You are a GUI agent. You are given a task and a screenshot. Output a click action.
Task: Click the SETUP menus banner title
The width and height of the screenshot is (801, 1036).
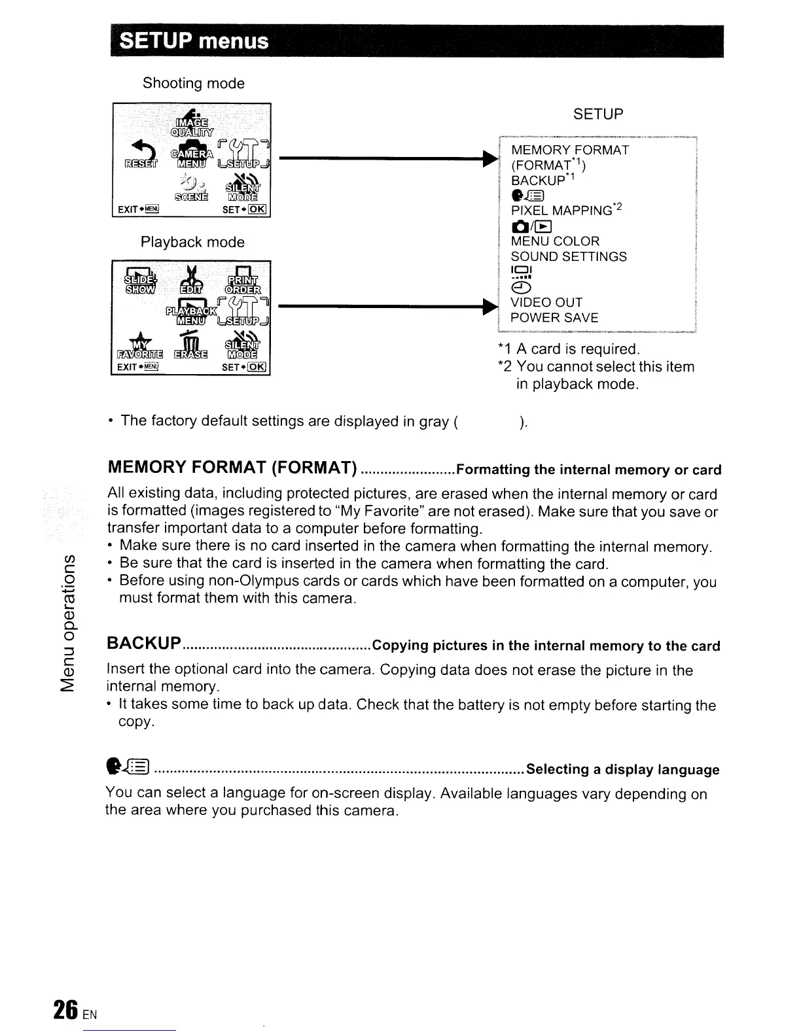pyautogui.click(x=194, y=41)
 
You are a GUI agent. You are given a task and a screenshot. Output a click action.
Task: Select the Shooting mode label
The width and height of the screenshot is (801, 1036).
pyautogui.click(x=194, y=84)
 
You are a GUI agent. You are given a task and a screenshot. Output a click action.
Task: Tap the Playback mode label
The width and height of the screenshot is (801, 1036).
pyautogui.click(x=192, y=242)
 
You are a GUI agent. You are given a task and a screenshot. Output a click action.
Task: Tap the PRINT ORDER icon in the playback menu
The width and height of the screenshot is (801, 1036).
pyautogui.click(x=243, y=279)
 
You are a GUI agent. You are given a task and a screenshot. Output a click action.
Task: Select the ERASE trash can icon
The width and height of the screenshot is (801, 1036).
pyautogui.click(x=190, y=347)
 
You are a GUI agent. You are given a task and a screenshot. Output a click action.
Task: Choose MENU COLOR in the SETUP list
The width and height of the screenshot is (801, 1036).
pyautogui.click(x=555, y=241)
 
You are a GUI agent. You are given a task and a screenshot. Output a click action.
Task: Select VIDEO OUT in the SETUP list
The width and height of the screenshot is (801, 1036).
pyautogui.click(x=546, y=302)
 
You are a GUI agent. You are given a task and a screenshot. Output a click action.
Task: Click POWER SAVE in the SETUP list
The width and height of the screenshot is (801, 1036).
pyautogui.click(x=554, y=318)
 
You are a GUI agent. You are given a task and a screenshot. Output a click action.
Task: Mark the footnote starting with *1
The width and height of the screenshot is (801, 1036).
pyautogui.click(x=568, y=349)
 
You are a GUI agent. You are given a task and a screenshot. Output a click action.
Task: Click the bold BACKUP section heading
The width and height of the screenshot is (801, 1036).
pyautogui.click(x=144, y=644)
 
